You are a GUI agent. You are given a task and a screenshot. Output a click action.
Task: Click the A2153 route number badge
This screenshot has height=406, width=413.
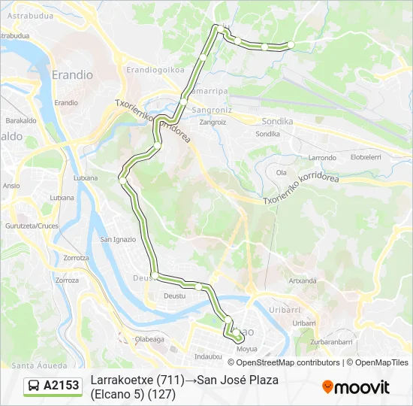62,386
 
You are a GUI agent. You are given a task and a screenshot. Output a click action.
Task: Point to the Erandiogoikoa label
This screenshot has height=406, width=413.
155,69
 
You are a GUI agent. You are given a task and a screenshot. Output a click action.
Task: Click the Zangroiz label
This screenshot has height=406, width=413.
213,122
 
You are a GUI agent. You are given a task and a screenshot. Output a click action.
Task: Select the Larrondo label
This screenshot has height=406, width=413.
323,158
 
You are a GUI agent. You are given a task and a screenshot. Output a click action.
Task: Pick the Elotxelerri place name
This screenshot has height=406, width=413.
366,158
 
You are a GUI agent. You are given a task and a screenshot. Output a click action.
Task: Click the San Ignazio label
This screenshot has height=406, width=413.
119,239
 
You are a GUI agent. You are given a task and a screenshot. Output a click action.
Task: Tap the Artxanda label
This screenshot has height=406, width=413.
303,280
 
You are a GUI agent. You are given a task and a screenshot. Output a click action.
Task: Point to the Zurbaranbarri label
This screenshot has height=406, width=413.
331,341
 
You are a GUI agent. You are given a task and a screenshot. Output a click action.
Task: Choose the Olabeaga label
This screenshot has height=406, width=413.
149,339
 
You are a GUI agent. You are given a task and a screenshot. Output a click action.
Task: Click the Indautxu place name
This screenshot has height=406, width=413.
208,356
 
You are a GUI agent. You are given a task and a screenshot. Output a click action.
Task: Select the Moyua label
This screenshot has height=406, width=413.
246,350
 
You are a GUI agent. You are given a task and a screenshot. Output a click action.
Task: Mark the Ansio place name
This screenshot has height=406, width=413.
11,185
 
